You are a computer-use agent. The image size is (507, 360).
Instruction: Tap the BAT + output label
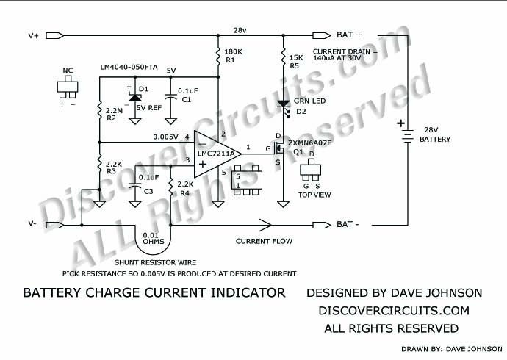[x=349, y=35]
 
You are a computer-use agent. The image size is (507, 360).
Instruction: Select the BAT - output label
[x=348, y=224]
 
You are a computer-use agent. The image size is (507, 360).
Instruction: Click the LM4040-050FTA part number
[x=129, y=68]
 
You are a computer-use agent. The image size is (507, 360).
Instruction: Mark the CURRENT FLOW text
[x=264, y=241]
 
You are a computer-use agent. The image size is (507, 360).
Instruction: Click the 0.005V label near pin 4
[x=165, y=137]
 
